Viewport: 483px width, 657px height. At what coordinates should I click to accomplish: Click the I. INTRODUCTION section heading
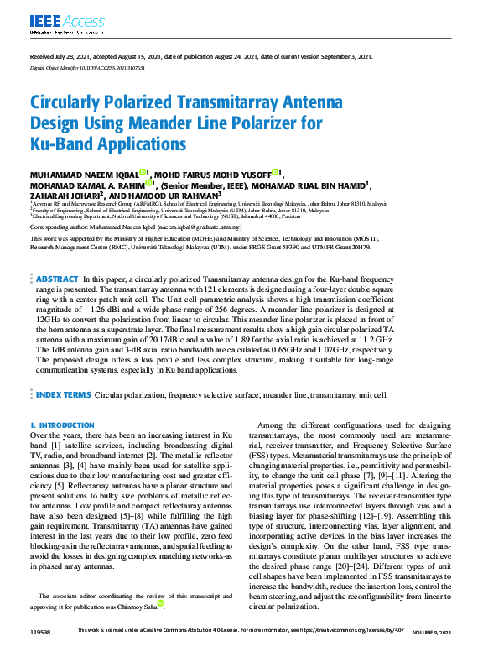tap(62, 426)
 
